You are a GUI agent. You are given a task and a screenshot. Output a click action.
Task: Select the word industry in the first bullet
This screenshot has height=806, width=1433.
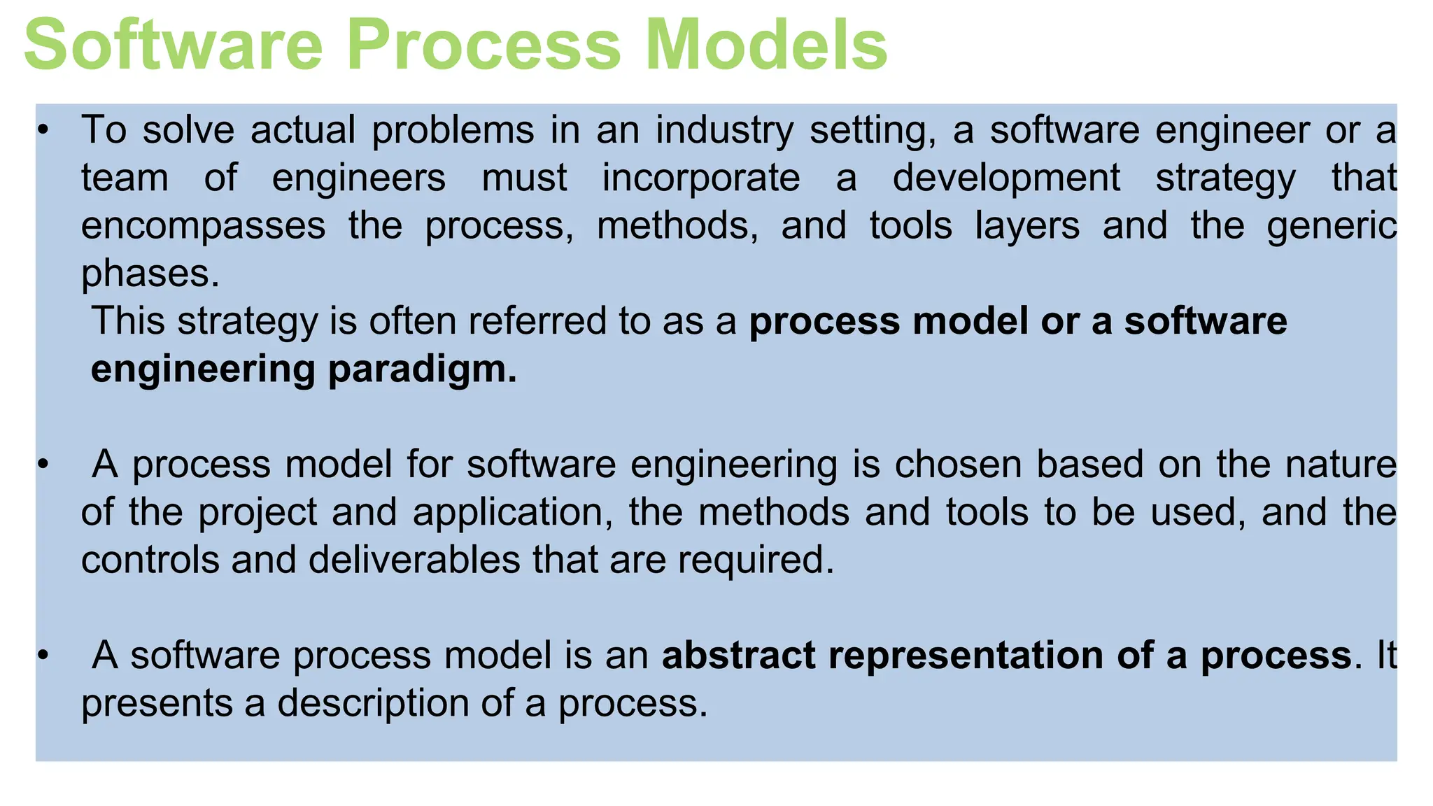pyautogui.click(x=724, y=132)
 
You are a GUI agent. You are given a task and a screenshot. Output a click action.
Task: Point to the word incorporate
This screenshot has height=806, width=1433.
pyautogui.click(x=701, y=178)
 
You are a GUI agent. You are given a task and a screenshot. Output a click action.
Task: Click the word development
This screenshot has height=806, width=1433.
pyautogui.click(x=1006, y=178)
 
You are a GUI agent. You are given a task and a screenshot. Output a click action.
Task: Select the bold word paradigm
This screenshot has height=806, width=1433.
pyautogui.click(x=422, y=369)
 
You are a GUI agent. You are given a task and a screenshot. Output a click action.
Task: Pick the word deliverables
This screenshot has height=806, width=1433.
pyautogui.click(x=414, y=560)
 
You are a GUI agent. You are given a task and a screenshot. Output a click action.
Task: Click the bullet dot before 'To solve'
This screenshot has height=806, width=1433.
pyautogui.click(x=43, y=132)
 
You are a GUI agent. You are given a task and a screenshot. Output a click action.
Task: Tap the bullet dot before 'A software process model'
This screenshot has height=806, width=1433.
pyautogui.click(x=43, y=656)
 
